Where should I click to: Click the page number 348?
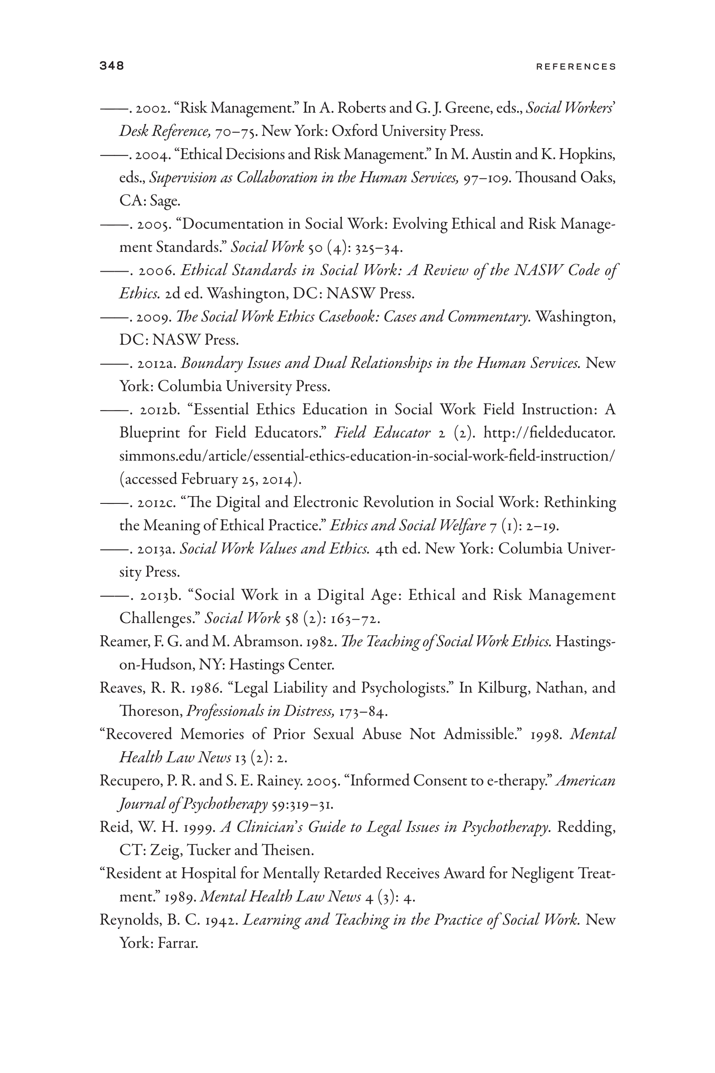(x=112, y=66)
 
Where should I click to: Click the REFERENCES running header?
(x=576, y=67)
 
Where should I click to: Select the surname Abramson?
(x=271, y=641)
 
